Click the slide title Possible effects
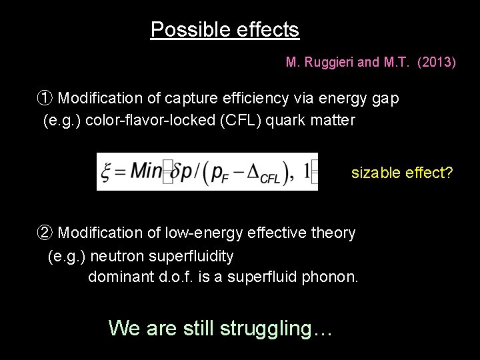point(225,30)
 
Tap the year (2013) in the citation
point(436,63)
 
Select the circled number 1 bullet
point(43,99)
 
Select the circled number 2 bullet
point(43,233)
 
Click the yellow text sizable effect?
point(402,173)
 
